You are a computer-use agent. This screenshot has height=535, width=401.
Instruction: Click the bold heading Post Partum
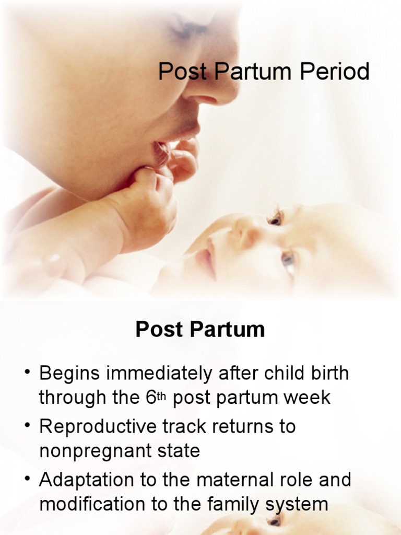coord(200,330)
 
